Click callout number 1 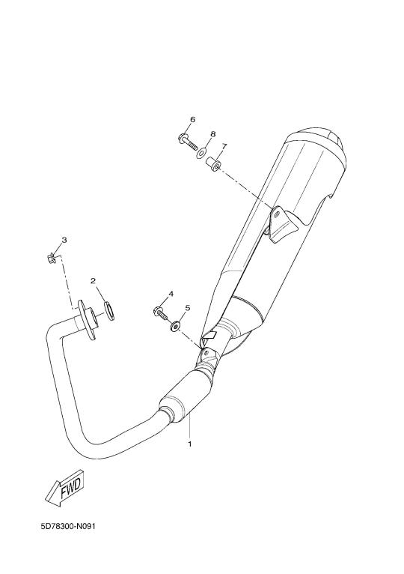[190, 444]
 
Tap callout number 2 [93, 281]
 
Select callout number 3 [64, 240]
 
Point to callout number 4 [171, 294]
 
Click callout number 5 [188, 308]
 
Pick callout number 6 [193, 119]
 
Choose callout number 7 [224, 146]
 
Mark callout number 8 [212, 134]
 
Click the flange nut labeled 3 [52, 259]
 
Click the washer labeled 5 [176, 325]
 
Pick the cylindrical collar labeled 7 [213, 163]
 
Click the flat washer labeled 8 [201, 153]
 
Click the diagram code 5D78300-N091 [68, 527]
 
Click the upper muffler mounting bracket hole [277, 213]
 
